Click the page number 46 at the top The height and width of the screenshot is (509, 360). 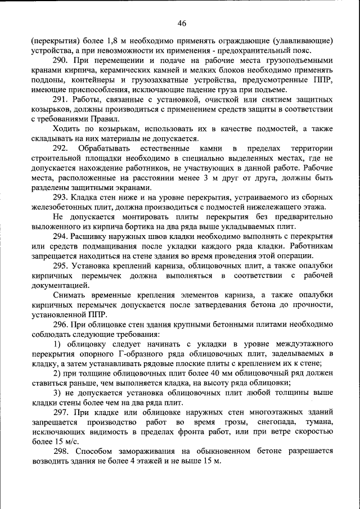[181, 23]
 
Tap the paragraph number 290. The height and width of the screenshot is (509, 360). [61, 60]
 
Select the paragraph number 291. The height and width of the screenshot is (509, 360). [61, 100]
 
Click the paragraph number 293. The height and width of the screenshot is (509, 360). [61, 197]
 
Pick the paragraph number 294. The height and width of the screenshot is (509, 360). [61, 237]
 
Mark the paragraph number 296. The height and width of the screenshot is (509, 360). [61, 325]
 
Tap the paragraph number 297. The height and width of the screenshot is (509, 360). [61, 412]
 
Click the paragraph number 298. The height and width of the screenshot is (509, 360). [61, 451]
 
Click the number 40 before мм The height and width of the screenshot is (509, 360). [220, 373]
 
